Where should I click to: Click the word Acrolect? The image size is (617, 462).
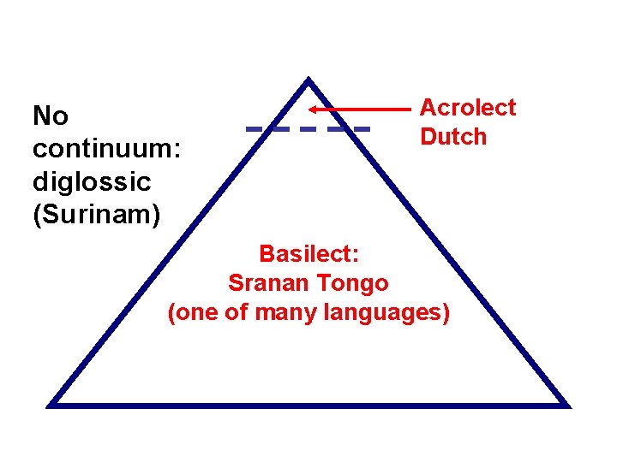click(x=468, y=108)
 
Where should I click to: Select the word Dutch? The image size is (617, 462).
click(x=453, y=137)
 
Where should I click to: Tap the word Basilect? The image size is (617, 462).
click(x=308, y=254)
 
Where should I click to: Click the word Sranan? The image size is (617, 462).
click(x=267, y=283)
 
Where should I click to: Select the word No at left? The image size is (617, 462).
click(x=51, y=116)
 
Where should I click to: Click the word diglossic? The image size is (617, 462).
click(x=92, y=182)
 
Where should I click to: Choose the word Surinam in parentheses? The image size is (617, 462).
click(x=96, y=215)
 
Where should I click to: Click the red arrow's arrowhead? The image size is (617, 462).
click(x=314, y=110)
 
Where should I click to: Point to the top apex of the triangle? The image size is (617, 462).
click(x=308, y=81)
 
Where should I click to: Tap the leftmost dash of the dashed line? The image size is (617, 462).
click(x=255, y=129)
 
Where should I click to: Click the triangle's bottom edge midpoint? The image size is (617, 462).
click(x=308, y=404)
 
